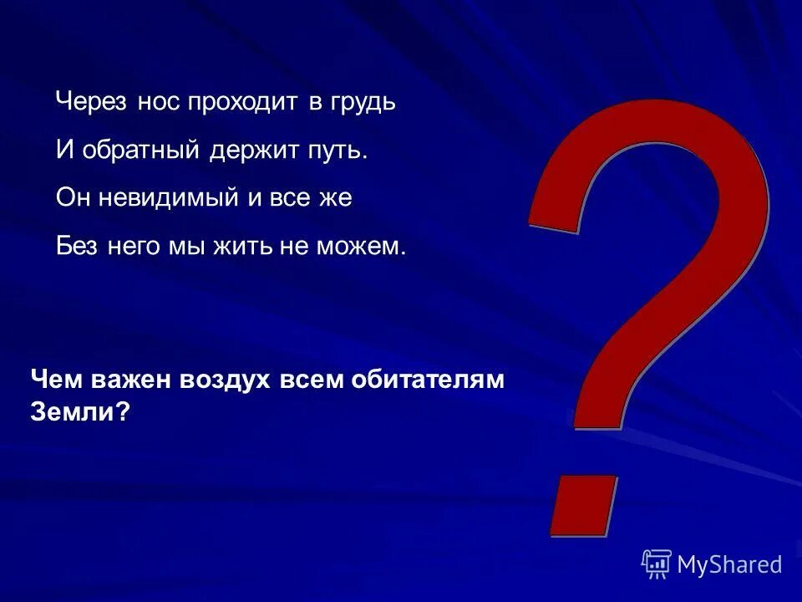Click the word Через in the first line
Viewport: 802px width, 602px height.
pyautogui.click(x=90, y=103)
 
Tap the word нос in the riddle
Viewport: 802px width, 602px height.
pyautogui.click(x=156, y=103)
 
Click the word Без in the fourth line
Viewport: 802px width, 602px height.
pyautogui.click(x=78, y=246)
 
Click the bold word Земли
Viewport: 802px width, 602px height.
pyautogui.click(x=80, y=411)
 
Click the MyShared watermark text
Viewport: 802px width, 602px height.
pyautogui.click(x=729, y=565)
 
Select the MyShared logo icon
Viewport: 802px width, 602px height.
pyautogui.click(x=657, y=564)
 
